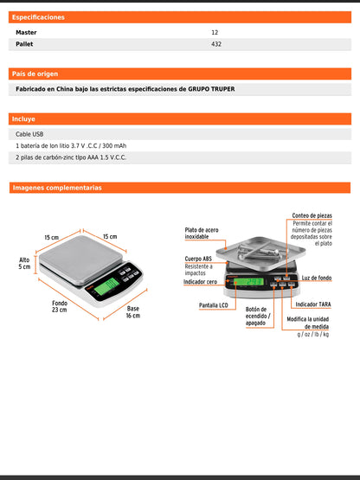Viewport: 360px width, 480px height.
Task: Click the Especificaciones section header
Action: click(38, 17)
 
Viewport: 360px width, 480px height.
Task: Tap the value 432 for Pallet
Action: click(216, 44)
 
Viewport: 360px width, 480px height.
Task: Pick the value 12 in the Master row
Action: click(215, 32)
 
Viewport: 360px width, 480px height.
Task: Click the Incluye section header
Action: click(23, 118)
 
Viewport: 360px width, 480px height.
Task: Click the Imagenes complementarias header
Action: click(57, 188)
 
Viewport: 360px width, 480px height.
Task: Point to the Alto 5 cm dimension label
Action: click(24, 263)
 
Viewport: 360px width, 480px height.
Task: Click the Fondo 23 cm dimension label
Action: click(59, 308)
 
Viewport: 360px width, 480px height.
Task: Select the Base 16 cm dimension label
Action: click(132, 312)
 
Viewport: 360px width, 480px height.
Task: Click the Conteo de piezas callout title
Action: click(312, 215)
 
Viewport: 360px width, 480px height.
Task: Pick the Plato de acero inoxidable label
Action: click(202, 234)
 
